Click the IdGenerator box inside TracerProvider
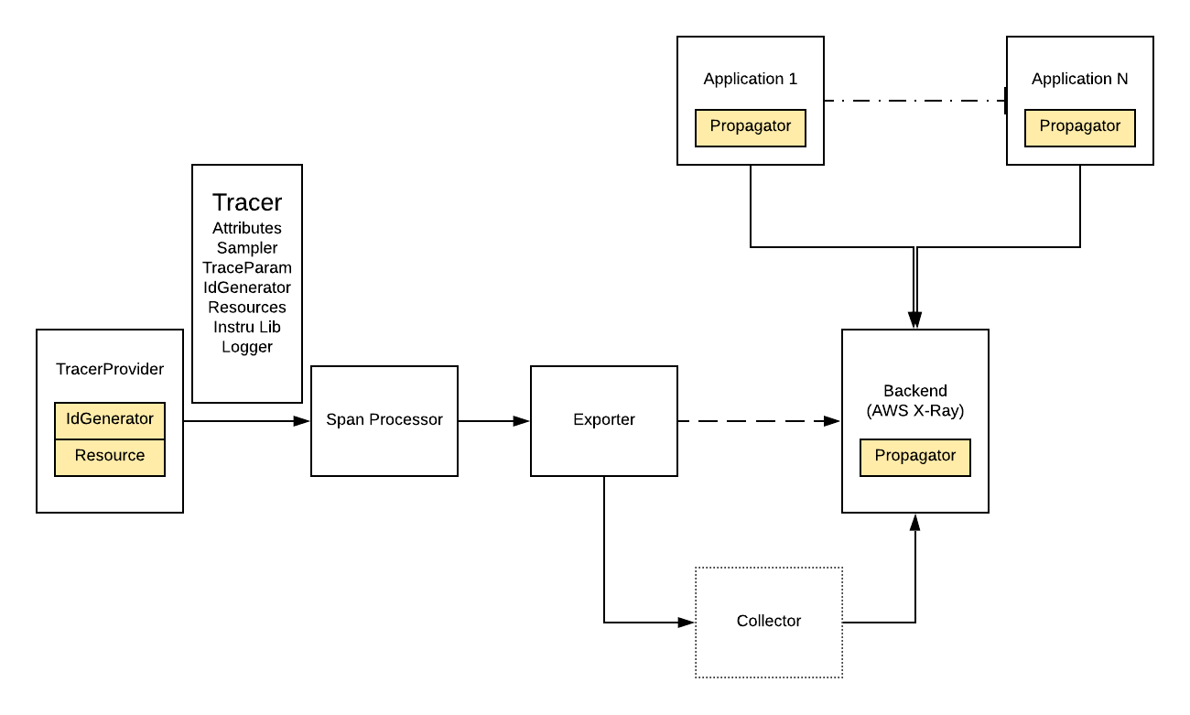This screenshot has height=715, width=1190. (x=110, y=420)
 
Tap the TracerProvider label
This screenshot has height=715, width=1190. (x=110, y=369)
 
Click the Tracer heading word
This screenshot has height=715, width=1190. (x=247, y=202)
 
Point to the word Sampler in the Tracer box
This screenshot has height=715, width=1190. (x=247, y=247)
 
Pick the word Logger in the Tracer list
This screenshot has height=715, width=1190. (x=247, y=347)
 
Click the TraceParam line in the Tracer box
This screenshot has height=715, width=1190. (x=247, y=267)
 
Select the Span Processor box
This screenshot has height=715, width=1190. (x=384, y=421)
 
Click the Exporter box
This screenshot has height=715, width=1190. (x=604, y=421)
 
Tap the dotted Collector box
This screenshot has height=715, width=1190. (x=769, y=622)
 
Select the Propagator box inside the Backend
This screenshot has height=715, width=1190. (x=915, y=457)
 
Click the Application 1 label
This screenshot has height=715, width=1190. (x=751, y=79)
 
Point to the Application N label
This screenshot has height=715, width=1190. (x=1080, y=79)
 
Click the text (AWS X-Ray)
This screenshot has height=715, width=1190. (x=915, y=411)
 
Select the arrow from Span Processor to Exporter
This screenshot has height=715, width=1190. (x=494, y=421)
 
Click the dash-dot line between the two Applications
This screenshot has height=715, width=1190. (x=915, y=101)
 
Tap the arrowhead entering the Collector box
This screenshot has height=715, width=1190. (x=687, y=623)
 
